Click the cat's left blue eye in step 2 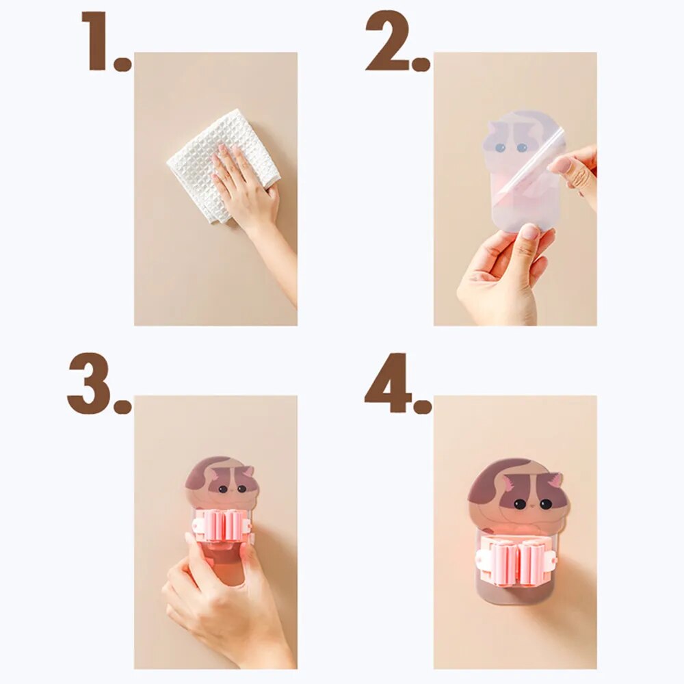pos(500,148)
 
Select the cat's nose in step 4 pos(533,505)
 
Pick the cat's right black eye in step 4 pos(546,504)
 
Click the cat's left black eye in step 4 pos(519,504)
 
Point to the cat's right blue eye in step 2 pos(522,148)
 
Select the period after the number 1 pos(122,64)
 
